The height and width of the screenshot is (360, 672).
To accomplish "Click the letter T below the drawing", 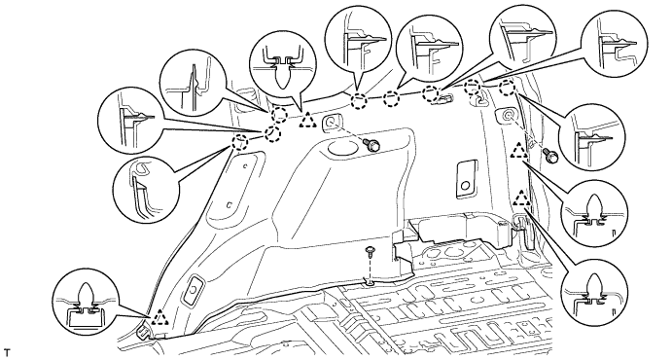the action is (7, 353).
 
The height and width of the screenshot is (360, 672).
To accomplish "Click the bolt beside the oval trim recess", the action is (372, 145).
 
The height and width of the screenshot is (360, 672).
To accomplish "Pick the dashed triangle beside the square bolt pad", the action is (307, 120).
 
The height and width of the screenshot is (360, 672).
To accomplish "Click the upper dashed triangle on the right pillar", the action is (519, 151).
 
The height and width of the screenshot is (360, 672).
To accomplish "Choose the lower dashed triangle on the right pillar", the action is (521, 198).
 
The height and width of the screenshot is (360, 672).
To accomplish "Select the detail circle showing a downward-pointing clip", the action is (282, 63).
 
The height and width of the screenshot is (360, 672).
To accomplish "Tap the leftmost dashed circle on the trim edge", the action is (240, 141).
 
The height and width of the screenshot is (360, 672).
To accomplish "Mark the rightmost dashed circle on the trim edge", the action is (507, 89).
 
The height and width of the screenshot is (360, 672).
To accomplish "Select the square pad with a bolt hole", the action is (331, 122).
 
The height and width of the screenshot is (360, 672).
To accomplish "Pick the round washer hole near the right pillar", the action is (507, 115).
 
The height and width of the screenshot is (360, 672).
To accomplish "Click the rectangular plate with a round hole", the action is (466, 179).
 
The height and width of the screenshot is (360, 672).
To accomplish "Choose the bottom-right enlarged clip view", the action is (595, 292).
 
